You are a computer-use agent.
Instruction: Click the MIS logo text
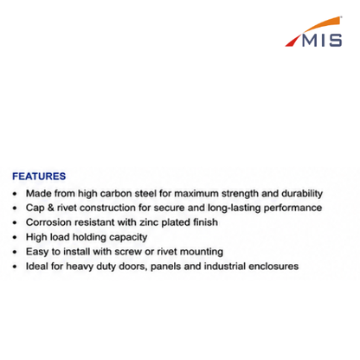click(x=322, y=40)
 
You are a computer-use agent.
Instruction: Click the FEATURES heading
click(x=39, y=177)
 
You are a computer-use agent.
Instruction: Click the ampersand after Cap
click(x=50, y=208)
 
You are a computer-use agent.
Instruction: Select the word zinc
click(x=149, y=222)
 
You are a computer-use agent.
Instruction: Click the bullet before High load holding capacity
click(x=15, y=237)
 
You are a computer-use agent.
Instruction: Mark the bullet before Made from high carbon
click(x=15, y=194)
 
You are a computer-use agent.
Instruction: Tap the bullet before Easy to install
click(x=15, y=252)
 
